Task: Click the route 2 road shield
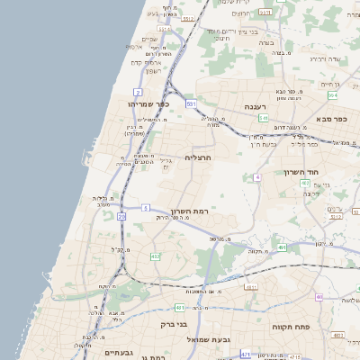tap(138, 92)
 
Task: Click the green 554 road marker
tap(332, 94)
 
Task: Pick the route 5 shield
tap(146, 208)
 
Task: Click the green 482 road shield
tap(155, 256)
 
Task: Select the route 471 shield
tap(246, 355)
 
